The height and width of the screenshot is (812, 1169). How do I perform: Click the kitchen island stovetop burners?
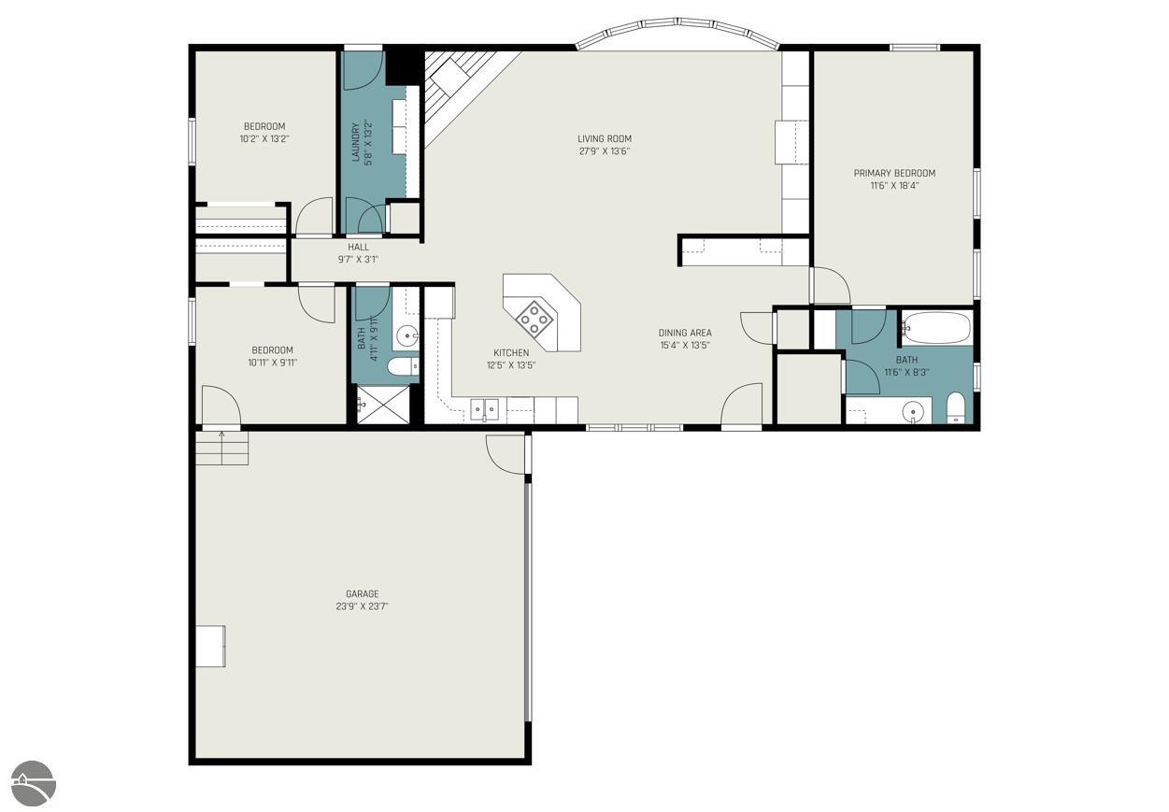point(533,318)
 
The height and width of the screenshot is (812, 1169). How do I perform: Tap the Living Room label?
point(605,139)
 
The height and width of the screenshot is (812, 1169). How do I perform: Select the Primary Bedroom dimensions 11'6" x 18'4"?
point(894,185)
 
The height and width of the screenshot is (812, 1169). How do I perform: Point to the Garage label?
point(363,594)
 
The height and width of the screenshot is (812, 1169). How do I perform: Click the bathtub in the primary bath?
point(936,328)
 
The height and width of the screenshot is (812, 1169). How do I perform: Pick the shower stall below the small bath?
point(383,405)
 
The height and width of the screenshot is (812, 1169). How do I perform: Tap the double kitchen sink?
point(484,409)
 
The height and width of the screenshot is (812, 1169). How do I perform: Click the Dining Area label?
point(685,333)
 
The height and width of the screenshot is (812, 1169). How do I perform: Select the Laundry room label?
point(356,142)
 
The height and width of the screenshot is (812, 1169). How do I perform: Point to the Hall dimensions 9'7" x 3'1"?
point(358,260)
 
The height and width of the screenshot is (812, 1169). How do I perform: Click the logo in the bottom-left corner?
point(34,783)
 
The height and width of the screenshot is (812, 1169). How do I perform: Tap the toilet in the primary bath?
point(956,408)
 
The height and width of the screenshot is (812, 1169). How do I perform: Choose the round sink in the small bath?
point(406,336)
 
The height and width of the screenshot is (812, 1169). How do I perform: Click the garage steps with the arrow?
point(221,448)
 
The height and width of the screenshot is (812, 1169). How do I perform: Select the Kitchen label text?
point(511,353)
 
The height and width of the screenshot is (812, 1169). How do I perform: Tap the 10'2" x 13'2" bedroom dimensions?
point(264,139)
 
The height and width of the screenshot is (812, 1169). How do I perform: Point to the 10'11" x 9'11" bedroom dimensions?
point(272,363)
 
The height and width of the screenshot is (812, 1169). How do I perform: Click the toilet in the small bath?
point(404,366)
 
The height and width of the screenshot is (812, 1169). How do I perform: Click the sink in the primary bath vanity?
point(914,412)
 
